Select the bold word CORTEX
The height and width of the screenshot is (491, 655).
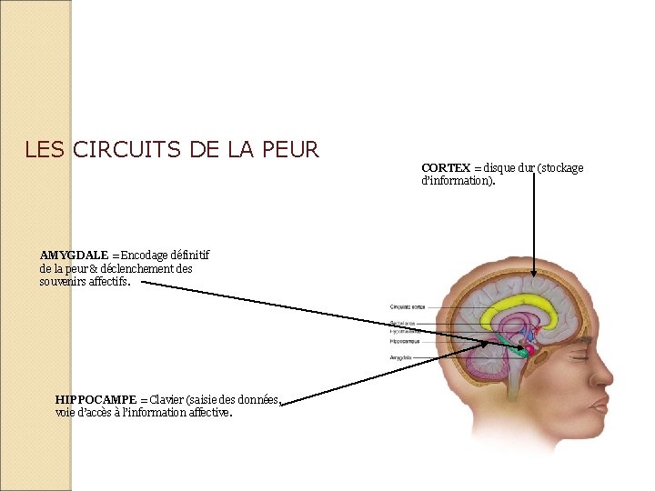pos(446,168)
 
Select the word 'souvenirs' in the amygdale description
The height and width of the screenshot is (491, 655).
pos(65,282)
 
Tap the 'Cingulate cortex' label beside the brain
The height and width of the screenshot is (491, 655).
pos(406,306)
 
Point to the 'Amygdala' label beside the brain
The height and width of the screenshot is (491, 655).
pos(400,358)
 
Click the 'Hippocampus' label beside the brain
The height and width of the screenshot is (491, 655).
pos(404,342)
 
